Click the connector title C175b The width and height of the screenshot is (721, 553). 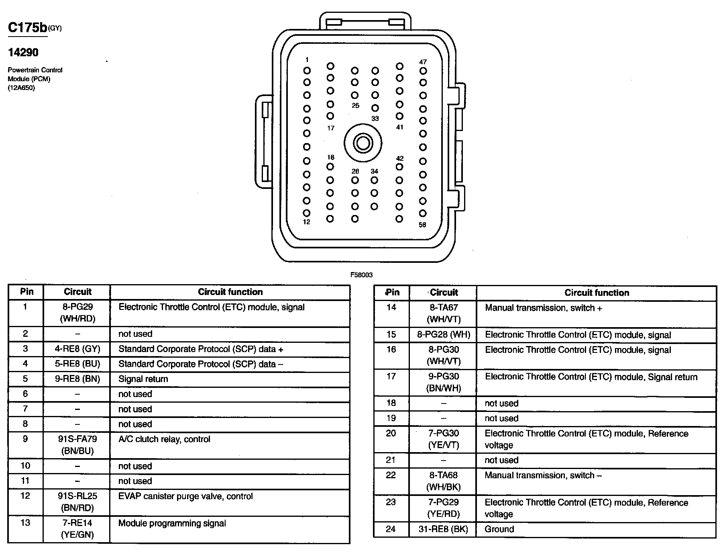pyautogui.click(x=28, y=27)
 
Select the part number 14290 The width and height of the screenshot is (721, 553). pyautogui.click(x=23, y=52)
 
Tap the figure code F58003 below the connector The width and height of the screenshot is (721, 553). pyautogui.click(x=361, y=275)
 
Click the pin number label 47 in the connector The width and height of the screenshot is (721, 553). pyautogui.click(x=423, y=62)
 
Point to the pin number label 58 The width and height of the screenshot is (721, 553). pyautogui.click(x=422, y=225)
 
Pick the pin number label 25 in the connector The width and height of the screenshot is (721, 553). pyautogui.click(x=355, y=106)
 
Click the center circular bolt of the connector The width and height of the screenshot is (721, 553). pyautogui.click(x=363, y=143)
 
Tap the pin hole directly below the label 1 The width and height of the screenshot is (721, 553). pyautogui.click(x=307, y=71)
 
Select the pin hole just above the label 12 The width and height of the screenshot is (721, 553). pyautogui.click(x=307, y=213)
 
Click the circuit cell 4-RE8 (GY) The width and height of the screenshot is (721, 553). pyautogui.click(x=77, y=349)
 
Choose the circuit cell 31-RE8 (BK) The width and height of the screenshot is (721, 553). pyautogui.click(x=443, y=529)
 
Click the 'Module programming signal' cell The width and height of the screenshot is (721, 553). pyautogui.click(x=172, y=523)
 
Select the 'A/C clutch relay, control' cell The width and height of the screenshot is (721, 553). pyautogui.click(x=164, y=439)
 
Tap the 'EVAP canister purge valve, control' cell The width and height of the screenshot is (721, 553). pyautogui.click(x=185, y=496)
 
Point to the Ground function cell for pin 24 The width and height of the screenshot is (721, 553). pyautogui.click(x=499, y=529)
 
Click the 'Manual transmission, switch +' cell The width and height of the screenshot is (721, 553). pyautogui.click(x=544, y=308)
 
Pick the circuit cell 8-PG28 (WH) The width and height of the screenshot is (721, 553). pyautogui.click(x=443, y=335)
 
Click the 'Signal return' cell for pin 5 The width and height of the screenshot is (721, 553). pyautogui.click(x=143, y=379)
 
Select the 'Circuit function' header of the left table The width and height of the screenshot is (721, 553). pyautogui.click(x=230, y=292)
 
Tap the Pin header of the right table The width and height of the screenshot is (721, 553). pyautogui.click(x=392, y=293)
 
